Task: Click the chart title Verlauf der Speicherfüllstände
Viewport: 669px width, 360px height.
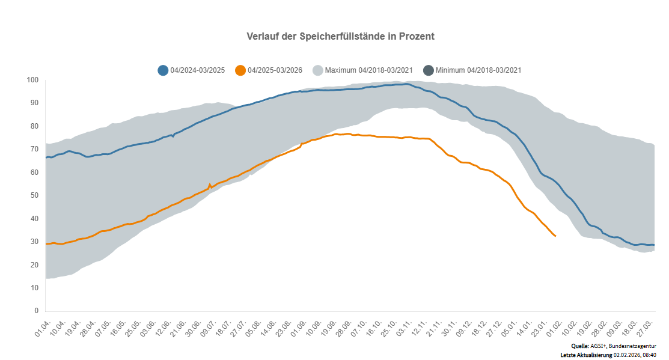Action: pos(340,37)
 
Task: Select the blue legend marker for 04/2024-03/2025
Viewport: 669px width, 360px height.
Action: pos(163,70)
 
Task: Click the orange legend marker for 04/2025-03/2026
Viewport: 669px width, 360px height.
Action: pos(240,70)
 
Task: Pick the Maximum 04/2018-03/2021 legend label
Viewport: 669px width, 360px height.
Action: pos(368,70)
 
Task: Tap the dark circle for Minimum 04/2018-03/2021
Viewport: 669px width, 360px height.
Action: pos(428,70)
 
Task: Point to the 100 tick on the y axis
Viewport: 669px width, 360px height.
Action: pos(32,80)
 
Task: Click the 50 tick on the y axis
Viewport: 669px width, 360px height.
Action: pos(34,195)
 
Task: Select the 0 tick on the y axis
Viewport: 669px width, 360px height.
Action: pos(36,311)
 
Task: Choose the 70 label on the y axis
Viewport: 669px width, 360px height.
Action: pos(34,149)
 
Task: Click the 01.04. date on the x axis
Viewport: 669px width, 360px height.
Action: pos(43,329)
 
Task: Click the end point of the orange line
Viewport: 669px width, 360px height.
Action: pos(555,236)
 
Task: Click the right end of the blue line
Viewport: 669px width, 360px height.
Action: pos(653,245)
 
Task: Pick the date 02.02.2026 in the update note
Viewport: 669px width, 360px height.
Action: pos(627,355)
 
